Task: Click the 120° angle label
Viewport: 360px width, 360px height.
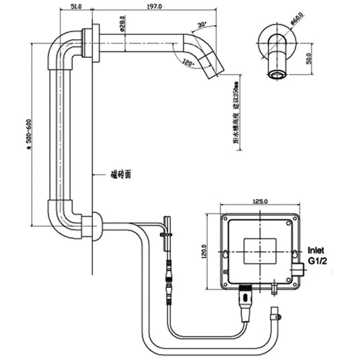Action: [x=188, y=63]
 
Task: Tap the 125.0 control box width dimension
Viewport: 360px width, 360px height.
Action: [x=260, y=201]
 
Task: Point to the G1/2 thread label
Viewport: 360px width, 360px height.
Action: [x=318, y=260]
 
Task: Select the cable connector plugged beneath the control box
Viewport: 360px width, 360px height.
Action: [x=247, y=296]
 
